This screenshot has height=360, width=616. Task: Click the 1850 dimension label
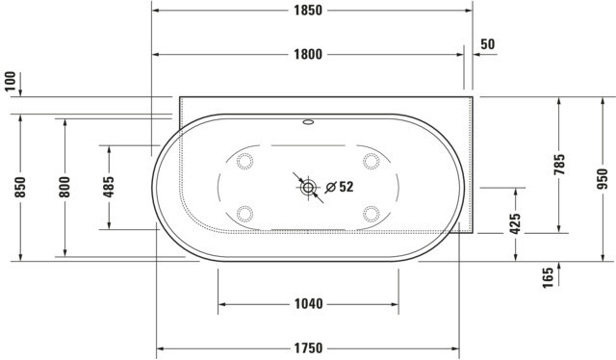[308, 11]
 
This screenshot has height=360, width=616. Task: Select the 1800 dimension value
[308, 54]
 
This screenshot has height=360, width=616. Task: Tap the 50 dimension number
[488, 44]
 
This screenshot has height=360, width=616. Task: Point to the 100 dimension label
[11, 82]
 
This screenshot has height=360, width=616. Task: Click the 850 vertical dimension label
[20, 188]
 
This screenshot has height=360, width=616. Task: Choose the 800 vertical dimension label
[64, 188]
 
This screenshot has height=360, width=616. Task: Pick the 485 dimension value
[109, 187]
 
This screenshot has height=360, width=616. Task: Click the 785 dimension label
[559, 165]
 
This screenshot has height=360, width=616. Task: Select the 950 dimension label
[603, 179]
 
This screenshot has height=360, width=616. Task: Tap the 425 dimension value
[515, 223]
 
